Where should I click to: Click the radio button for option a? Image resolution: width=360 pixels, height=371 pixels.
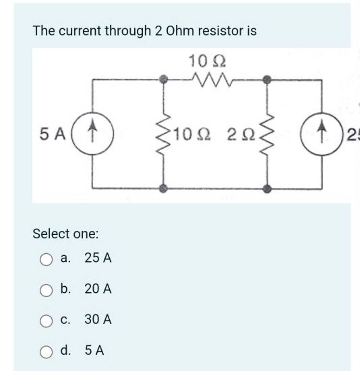pyautogui.click(x=46, y=260)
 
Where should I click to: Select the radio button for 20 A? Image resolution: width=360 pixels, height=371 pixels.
pyautogui.click(x=46, y=291)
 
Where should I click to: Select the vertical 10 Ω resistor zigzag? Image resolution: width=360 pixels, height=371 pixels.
pyautogui.click(x=163, y=135)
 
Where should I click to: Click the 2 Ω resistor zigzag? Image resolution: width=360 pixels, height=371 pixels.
pyautogui.click(x=268, y=135)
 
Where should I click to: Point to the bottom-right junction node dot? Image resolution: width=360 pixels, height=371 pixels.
pyautogui.click(x=268, y=189)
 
